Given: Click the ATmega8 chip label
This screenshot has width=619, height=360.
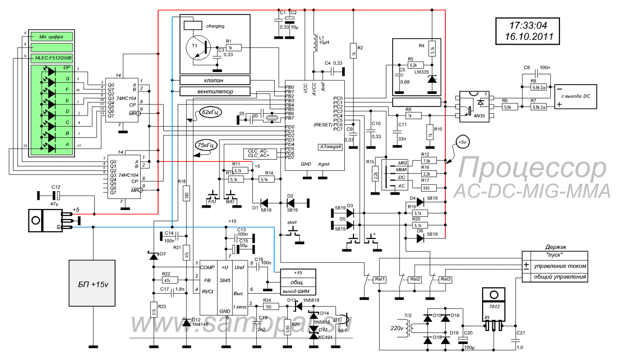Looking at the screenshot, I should tap(331, 146).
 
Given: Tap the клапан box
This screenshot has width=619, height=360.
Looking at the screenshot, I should tap(215, 80).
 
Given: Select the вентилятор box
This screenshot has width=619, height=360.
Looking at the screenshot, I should tap(215, 91).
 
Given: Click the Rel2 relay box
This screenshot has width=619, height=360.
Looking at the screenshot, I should tap(415, 279).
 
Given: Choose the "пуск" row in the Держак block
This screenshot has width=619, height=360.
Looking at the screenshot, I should tap(559, 255).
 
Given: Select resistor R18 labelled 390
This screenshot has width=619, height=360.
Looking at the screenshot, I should tap(187, 195).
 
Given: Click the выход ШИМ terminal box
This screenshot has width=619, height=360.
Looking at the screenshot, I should tap(296, 290).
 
